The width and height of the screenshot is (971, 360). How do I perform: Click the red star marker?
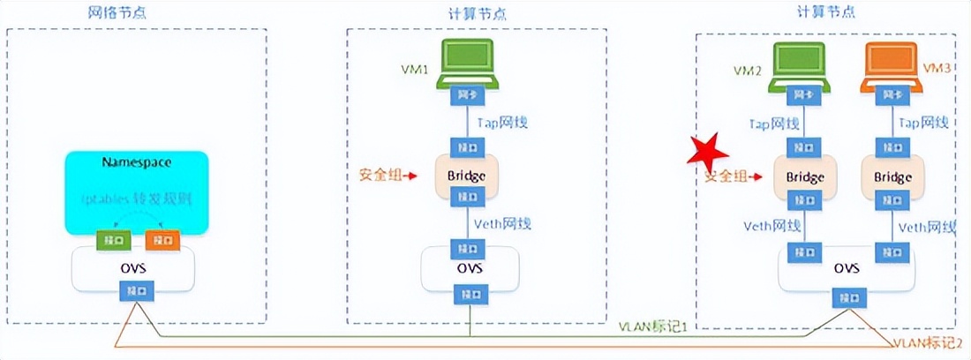point(709,157)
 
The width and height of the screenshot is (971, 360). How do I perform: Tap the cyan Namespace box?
point(136,190)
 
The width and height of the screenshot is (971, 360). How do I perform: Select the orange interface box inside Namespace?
point(162,240)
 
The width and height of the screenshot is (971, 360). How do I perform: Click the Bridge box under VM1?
point(466,176)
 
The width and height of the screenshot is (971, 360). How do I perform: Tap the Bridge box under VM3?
point(892,177)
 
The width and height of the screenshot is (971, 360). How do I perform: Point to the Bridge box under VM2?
point(804,177)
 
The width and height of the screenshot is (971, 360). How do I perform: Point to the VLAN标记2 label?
point(930,342)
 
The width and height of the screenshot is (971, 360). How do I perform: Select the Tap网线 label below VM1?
point(502,123)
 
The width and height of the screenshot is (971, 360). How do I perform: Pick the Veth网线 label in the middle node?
point(502,224)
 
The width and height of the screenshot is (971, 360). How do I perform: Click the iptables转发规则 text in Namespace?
point(137,201)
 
